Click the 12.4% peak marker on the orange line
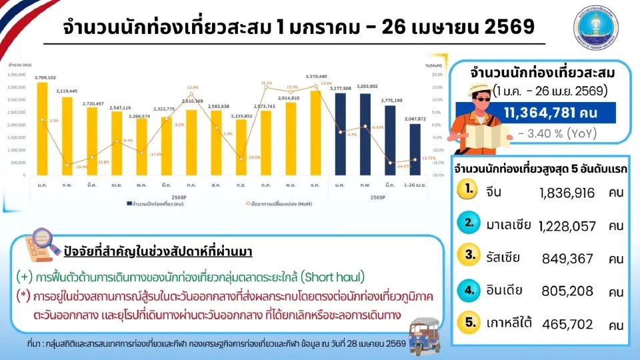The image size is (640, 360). (x=192, y=94)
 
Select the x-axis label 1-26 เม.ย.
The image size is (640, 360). (x=415, y=184)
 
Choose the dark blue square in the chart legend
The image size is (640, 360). (x=128, y=202)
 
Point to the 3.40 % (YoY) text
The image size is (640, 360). (x=557, y=133)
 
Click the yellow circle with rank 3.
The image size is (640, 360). (x=470, y=255)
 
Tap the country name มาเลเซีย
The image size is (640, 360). (x=509, y=225)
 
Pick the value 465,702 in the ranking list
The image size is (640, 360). (x=567, y=325)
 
